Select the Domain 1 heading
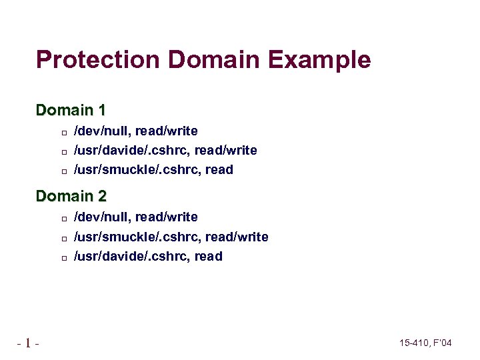click(71, 110)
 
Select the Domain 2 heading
click(71, 197)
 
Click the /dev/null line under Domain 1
click(135, 131)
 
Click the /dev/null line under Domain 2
click(135, 217)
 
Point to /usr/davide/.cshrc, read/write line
click(165, 150)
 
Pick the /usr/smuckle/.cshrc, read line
click(153, 170)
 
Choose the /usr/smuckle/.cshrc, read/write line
click(171, 237)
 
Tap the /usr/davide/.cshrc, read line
click(148, 257)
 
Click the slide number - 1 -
click(28, 343)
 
